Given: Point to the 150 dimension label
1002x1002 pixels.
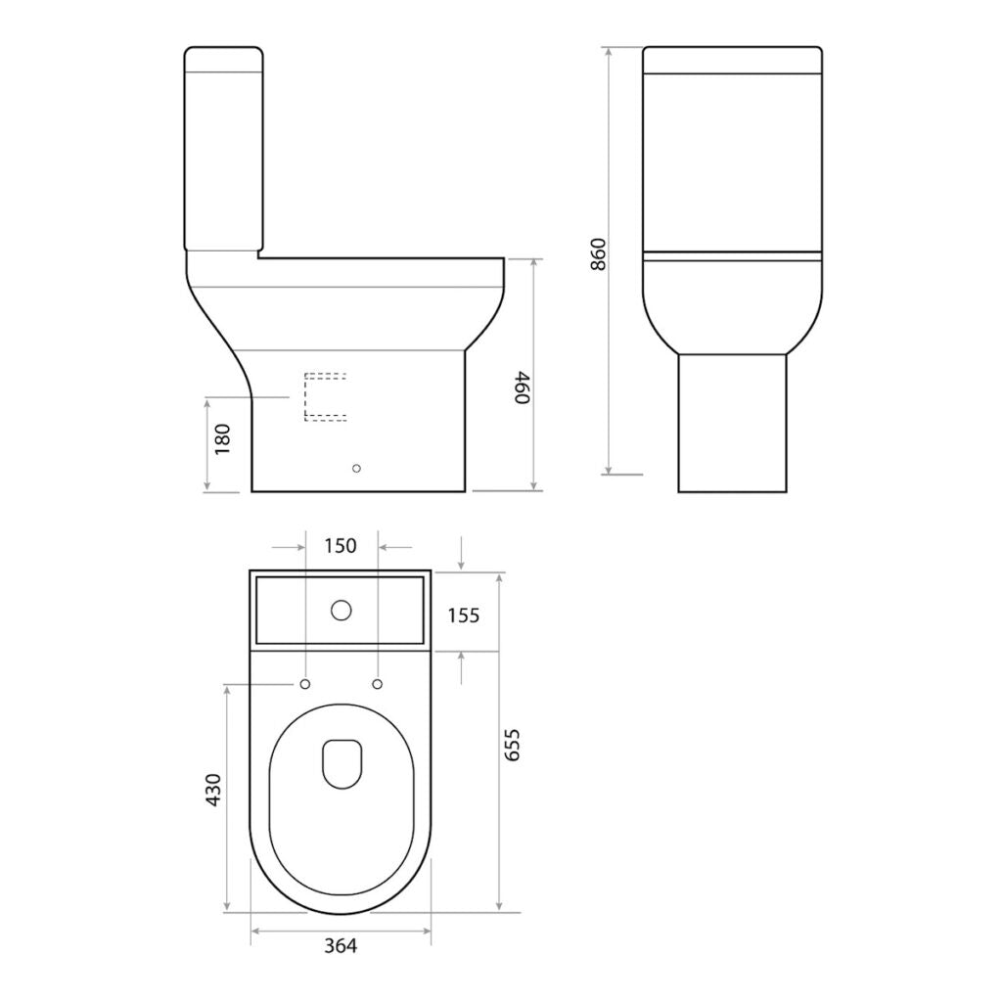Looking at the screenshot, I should [x=340, y=546].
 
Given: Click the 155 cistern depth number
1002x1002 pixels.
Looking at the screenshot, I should [x=463, y=615].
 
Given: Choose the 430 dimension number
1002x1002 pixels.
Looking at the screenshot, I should [x=214, y=791].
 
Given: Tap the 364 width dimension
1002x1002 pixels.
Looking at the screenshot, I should [x=341, y=945].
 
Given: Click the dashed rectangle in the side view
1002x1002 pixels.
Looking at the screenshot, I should [x=325, y=396].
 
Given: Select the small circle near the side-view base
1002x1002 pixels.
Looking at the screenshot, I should [x=357, y=468].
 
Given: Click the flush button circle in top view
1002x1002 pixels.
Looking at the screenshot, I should [x=341, y=611].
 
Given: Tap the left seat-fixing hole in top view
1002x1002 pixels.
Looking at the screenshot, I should [x=305, y=683].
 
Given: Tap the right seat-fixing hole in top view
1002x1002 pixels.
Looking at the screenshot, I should [x=378, y=683].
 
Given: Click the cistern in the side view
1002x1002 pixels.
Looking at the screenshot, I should [x=223, y=147].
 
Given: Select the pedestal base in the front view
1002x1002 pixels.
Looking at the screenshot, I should [x=732, y=423].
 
